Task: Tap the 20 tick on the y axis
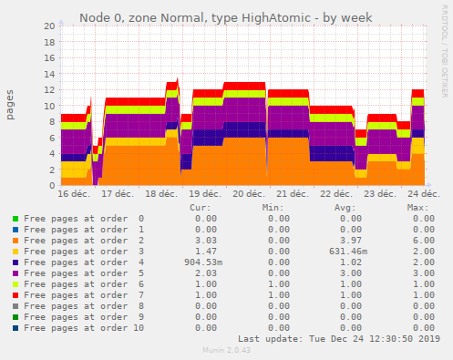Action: point(49,26)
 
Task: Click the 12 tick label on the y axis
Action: point(49,89)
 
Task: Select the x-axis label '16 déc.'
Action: point(74,194)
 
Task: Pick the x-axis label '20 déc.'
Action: point(249,194)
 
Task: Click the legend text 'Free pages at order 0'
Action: point(83,219)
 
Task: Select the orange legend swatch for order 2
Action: point(15,241)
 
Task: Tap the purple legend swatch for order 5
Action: point(15,273)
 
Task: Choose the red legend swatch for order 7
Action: point(15,294)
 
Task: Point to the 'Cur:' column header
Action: point(200,208)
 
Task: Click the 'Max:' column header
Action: point(417,208)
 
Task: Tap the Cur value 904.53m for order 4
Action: point(201,262)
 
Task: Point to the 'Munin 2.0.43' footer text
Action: point(225,350)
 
